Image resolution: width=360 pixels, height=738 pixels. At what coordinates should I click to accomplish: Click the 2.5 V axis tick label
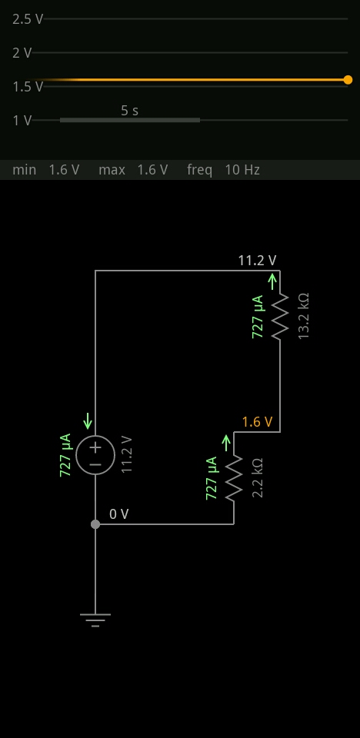click(28, 19)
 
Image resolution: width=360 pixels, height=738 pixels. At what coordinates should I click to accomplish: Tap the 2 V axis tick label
click(22, 53)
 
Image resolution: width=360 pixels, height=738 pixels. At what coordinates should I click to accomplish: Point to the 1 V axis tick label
click(22, 121)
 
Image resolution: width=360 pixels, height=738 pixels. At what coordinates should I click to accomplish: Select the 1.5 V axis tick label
click(28, 87)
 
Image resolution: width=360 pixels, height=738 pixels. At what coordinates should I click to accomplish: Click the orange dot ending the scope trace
click(348, 80)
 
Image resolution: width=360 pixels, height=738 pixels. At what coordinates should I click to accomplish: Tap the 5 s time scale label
click(129, 111)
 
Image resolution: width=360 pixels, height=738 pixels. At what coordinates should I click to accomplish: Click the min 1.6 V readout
click(45, 170)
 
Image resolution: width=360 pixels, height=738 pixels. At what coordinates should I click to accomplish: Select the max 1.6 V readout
click(133, 170)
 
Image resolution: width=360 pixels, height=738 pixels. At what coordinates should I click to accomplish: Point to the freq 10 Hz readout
click(223, 170)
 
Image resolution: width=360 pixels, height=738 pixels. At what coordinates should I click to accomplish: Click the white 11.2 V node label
click(257, 261)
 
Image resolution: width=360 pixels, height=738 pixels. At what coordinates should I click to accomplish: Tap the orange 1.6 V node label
click(257, 422)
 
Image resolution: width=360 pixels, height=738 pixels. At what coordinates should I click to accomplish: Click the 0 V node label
click(118, 514)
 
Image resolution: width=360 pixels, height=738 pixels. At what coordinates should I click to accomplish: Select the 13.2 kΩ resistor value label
click(304, 316)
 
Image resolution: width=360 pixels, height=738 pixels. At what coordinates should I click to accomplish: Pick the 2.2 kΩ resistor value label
click(257, 477)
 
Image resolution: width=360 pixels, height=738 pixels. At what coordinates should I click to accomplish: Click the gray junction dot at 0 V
click(95, 524)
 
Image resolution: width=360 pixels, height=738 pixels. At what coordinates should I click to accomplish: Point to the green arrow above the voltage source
click(88, 421)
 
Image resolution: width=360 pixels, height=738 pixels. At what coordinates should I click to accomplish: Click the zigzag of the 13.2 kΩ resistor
click(280, 316)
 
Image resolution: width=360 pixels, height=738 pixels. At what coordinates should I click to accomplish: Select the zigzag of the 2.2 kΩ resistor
click(234, 478)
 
